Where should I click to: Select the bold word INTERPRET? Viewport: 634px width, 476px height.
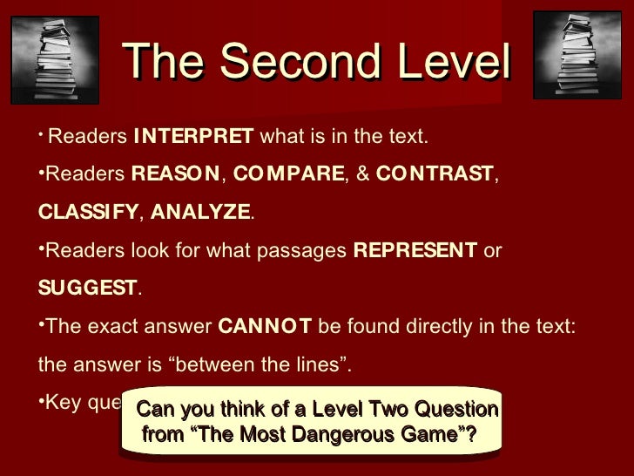[x=193, y=137]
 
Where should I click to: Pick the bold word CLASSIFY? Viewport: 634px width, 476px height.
[x=88, y=211]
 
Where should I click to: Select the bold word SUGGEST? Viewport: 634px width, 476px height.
[x=87, y=288]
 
